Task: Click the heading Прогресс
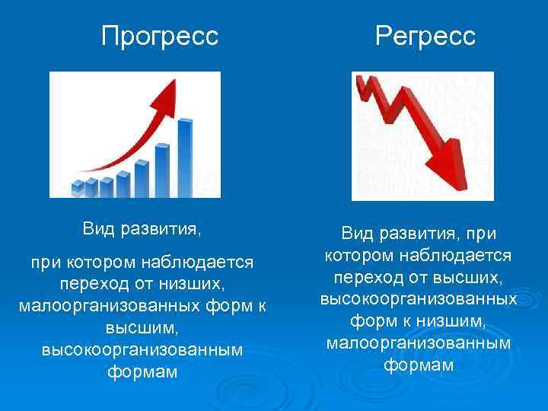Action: (160, 36)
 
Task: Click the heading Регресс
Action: (425, 36)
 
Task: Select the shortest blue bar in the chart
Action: (77, 187)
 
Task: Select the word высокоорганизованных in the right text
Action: (419, 295)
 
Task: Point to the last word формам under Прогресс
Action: (143, 373)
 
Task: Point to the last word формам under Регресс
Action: (419, 365)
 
